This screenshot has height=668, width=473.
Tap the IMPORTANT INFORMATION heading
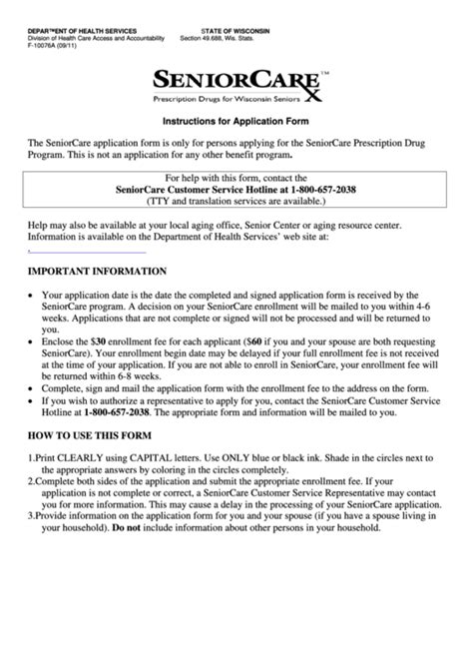click(97, 271)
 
